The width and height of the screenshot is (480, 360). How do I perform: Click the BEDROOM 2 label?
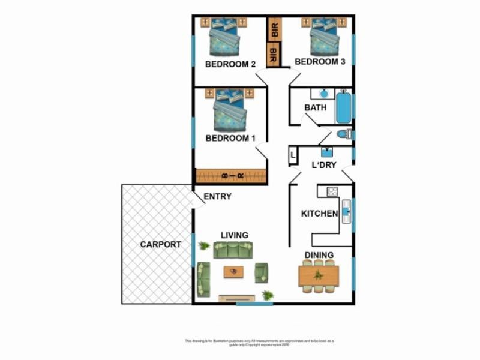tap(230, 64)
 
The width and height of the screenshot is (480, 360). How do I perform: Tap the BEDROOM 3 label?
tap(320, 62)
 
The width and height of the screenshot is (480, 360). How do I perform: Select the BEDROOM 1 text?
tap(230, 138)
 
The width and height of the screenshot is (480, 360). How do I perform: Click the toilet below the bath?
tap(343, 134)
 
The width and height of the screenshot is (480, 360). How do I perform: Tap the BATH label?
tap(316, 108)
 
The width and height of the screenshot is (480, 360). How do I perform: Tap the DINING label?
tap(319, 255)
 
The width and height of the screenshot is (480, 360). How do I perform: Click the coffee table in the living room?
tap(233, 272)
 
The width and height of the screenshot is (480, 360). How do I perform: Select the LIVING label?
tap(234, 235)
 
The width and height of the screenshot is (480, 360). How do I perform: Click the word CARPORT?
tap(160, 244)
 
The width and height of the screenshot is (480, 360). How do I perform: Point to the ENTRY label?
tap(217, 196)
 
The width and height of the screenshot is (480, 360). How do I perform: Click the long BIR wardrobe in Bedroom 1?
tap(230, 176)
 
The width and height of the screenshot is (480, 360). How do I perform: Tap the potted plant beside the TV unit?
tap(268, 295)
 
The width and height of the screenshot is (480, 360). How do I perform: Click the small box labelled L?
tap(293, 156)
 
